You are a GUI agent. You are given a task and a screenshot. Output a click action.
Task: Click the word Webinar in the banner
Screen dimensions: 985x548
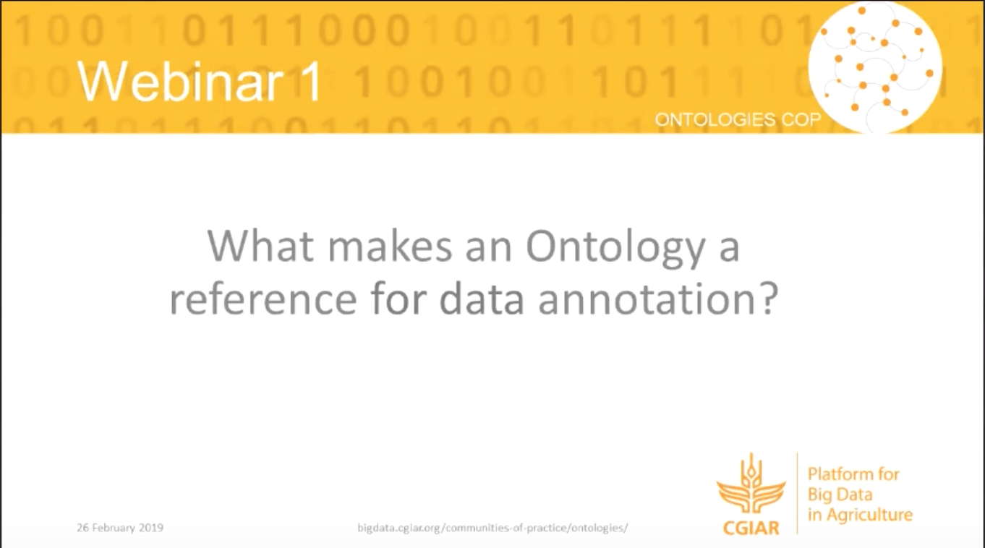point(180,81)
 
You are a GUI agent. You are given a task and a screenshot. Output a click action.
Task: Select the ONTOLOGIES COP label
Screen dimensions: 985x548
point(738,119)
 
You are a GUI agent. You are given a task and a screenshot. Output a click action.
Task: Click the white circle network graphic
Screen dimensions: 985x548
point(874,67)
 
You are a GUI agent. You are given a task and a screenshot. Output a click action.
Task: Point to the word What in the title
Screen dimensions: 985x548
point(261,247)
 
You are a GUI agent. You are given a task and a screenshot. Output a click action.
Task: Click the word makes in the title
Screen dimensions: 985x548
point(390,247)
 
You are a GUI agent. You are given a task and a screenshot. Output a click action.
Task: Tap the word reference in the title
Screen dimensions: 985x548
point(263,300)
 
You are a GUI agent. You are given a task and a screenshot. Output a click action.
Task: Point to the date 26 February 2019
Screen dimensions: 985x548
point(120,527)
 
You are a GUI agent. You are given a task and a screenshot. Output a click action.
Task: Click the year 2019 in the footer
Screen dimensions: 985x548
point(151,527)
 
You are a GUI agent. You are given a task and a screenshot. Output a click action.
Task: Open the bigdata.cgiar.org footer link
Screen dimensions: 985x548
point(493,528)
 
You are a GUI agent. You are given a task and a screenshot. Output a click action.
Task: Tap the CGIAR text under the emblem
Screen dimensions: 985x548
point(751,527)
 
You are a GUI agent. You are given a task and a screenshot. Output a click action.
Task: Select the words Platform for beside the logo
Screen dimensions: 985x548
point(853,474)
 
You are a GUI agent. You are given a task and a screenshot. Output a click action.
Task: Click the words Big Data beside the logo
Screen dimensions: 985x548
point(840,495)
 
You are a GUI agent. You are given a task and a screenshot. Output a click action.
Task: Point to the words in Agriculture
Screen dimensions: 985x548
point(860,515)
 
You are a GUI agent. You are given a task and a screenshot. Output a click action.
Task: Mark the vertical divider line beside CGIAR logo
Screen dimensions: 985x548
point(797,493)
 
